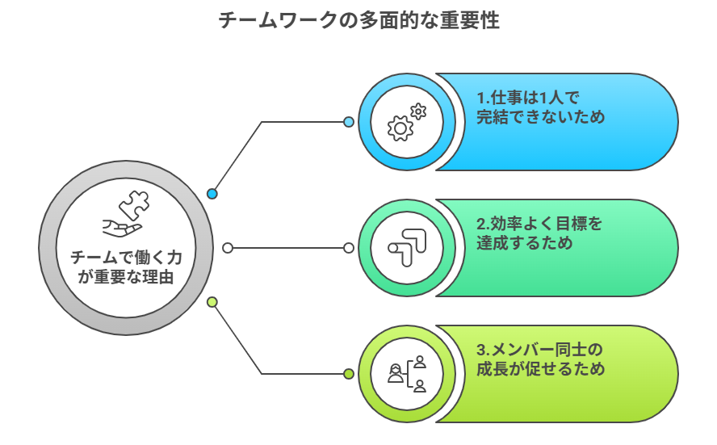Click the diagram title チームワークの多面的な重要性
358,21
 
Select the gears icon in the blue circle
406,122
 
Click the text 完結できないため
540,118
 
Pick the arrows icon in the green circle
406,248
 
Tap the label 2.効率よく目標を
539,223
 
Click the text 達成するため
524,243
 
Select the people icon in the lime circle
406,374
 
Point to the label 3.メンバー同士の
539,350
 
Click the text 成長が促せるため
540,369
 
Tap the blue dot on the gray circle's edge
212,194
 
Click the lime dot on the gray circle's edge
212,302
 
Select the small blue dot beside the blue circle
349,122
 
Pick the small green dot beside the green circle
349,248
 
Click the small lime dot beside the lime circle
349,374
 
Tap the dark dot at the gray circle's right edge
228,248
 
